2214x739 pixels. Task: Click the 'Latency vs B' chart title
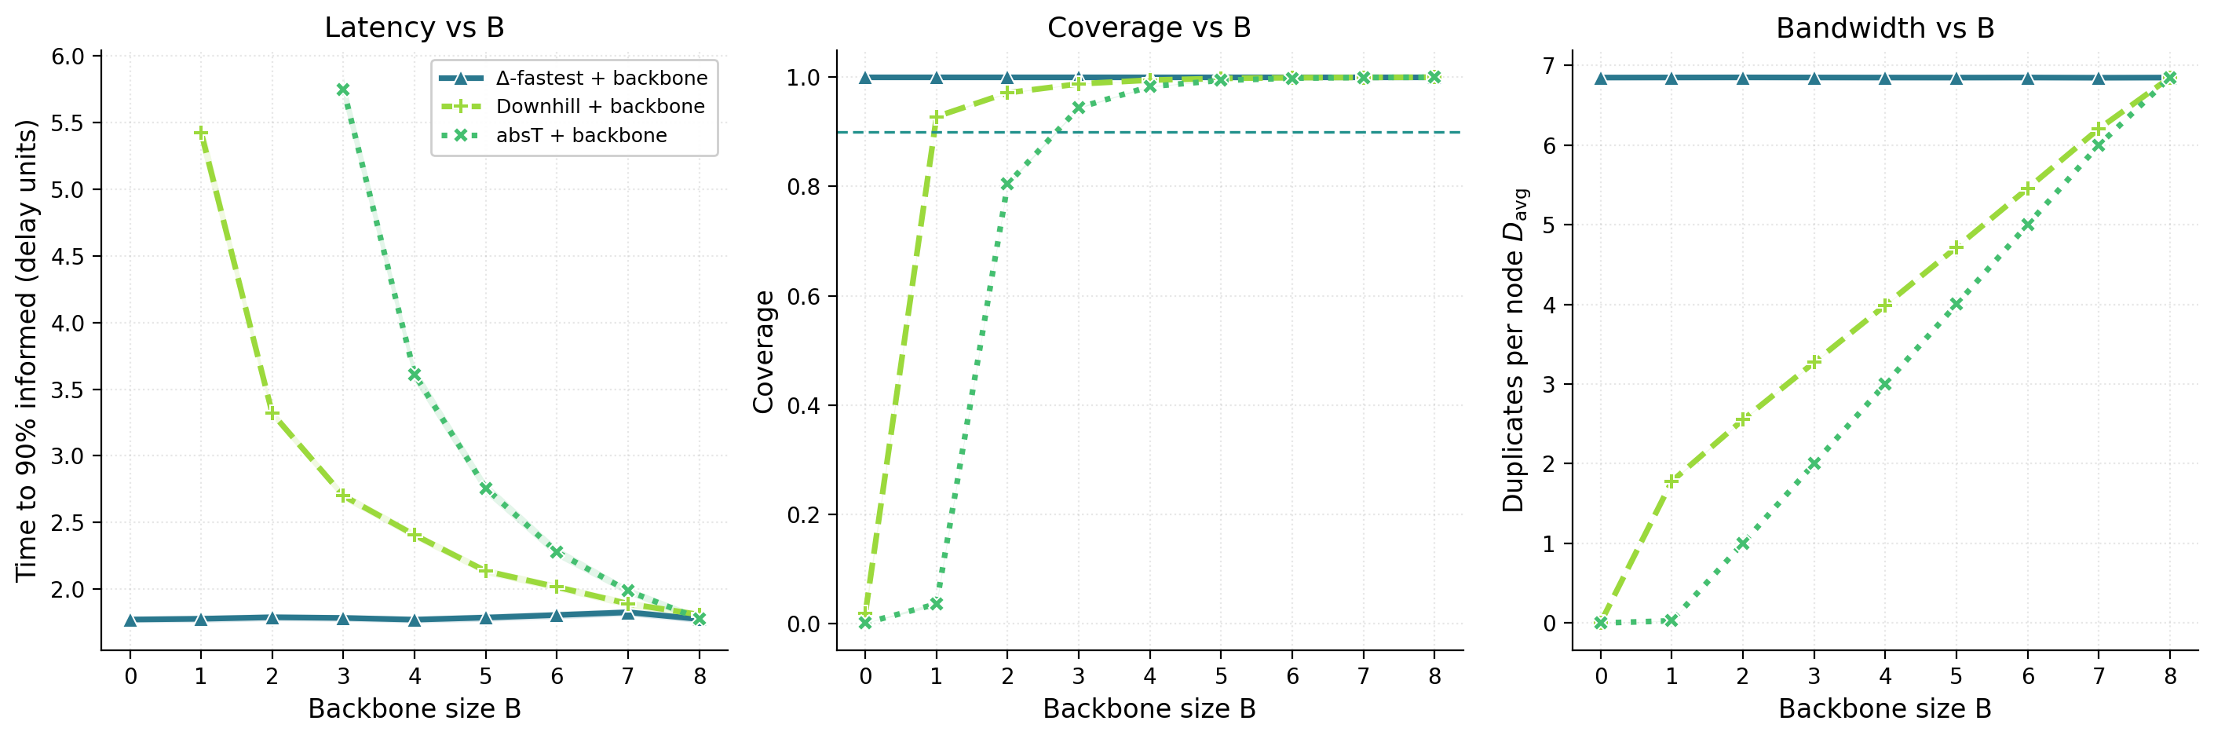pos(415,27)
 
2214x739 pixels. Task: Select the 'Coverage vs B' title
pos(1149,27)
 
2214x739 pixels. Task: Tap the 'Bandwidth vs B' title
pos(1885,27)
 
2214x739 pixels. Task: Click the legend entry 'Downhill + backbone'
pos(600,107)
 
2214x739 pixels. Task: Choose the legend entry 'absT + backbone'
pos(581,136)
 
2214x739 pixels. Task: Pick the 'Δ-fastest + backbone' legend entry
pos(601,79)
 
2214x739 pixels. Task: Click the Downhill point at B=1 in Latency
pos(201,134)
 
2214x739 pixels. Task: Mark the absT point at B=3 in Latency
pos(343,90)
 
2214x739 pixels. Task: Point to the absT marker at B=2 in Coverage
pos(1007,184)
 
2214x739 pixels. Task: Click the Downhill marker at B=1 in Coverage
pos(937,117)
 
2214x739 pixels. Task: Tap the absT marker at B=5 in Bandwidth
pos(1956,304)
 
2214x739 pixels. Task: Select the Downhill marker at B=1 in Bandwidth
pos(1671,481)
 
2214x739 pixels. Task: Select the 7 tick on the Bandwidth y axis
pos(1549,65)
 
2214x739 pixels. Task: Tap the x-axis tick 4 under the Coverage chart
pos(1150,676)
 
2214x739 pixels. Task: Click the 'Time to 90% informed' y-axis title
pos(27,350)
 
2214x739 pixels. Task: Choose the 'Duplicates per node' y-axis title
pos(1515,350)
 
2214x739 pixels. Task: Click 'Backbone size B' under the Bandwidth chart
pos(1885,709)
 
